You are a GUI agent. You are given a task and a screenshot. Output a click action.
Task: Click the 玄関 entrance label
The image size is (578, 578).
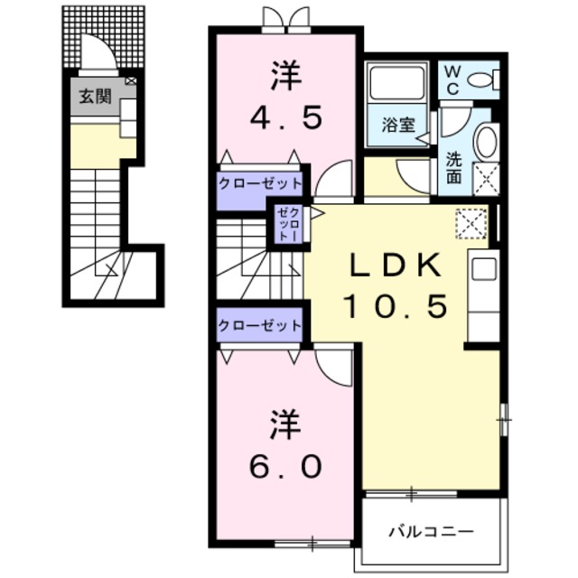point(93,96)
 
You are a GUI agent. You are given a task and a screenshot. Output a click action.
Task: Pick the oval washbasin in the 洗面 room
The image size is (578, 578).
point(486,144)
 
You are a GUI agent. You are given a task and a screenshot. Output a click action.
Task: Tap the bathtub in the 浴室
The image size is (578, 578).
point(397,86)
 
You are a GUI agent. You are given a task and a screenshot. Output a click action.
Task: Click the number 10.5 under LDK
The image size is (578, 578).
point(394,306)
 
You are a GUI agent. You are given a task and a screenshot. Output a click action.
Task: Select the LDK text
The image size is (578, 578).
point(394,265)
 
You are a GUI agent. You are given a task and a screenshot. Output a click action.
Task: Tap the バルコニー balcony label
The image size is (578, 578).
point(431,531)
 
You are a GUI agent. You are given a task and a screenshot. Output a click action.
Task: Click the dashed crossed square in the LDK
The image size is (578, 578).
point(471,222)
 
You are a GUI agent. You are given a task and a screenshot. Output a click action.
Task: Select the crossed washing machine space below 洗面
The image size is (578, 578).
point(486,179)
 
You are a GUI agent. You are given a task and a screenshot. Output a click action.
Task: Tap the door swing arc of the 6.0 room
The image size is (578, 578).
point(336,365)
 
